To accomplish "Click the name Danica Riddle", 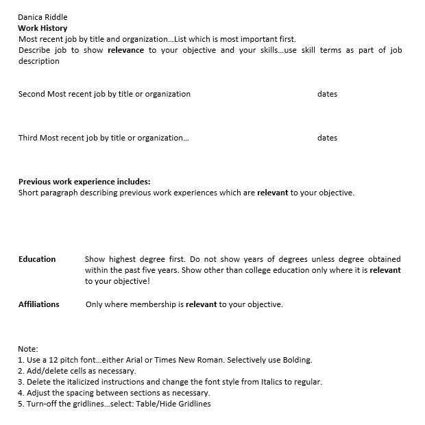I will click(42, 17).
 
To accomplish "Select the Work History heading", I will click(42, 28).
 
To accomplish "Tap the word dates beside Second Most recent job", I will click(327, 94).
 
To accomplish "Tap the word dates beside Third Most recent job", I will click(327, 138).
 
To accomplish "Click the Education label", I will click(37, 259).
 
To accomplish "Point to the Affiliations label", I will click(39, 304).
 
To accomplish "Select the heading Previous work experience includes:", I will click(84, 182).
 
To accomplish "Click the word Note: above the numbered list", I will click(28, 349).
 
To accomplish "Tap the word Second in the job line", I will click(32, 94).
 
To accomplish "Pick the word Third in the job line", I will click(28, 138).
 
